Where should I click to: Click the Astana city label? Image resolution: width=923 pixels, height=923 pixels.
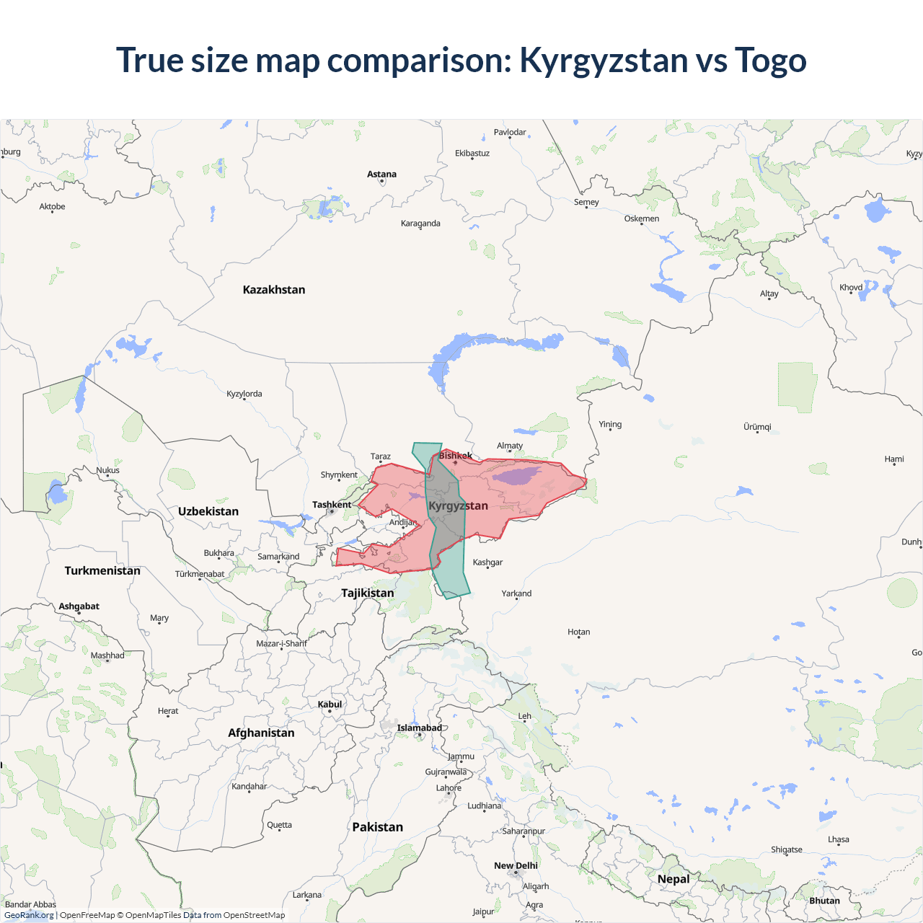click(x=381, y=175)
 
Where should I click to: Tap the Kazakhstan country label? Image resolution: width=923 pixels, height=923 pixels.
click(x=274, y=290)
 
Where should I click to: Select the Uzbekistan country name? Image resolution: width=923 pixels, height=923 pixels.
click(x=208, y=511)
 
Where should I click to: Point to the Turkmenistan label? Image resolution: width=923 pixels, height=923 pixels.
click(x=102, y=570)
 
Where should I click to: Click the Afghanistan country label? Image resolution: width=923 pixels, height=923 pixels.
click(x=261, y=733)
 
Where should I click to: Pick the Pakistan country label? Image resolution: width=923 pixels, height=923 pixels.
click(x=377, y=827)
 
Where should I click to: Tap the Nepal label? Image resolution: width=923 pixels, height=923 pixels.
click(x=674, y=879)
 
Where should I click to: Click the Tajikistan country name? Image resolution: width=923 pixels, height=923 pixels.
click(x=368, y=593)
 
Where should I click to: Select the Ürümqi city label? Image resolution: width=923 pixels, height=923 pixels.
click(x=757, y=427)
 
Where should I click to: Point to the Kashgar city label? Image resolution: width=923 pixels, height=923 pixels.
click(x=487, y=562)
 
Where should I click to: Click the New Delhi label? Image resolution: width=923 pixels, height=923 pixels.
click(x=516, y=865)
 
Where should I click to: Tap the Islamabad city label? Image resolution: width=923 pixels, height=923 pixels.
click(x=420, y=728)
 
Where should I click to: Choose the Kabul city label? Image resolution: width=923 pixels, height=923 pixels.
click(x=330, y=705)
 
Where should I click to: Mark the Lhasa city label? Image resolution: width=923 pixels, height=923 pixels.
click(x=838, y=839)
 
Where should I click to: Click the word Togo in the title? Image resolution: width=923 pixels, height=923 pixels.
click(x=770, y=60)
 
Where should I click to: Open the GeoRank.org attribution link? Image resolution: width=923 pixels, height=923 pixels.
click(x=29, y=915)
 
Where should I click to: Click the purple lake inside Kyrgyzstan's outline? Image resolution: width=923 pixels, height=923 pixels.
click(x=517, y=475)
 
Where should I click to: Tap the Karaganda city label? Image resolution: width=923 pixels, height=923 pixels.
click(x=420, y=224)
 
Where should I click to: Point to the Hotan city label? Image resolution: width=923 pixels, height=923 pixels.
click(x=578, y=632)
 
